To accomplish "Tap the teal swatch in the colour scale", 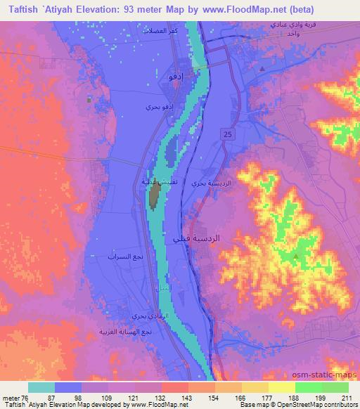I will click(x=41, y=387).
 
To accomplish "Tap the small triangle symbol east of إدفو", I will click(x=261, y=69).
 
